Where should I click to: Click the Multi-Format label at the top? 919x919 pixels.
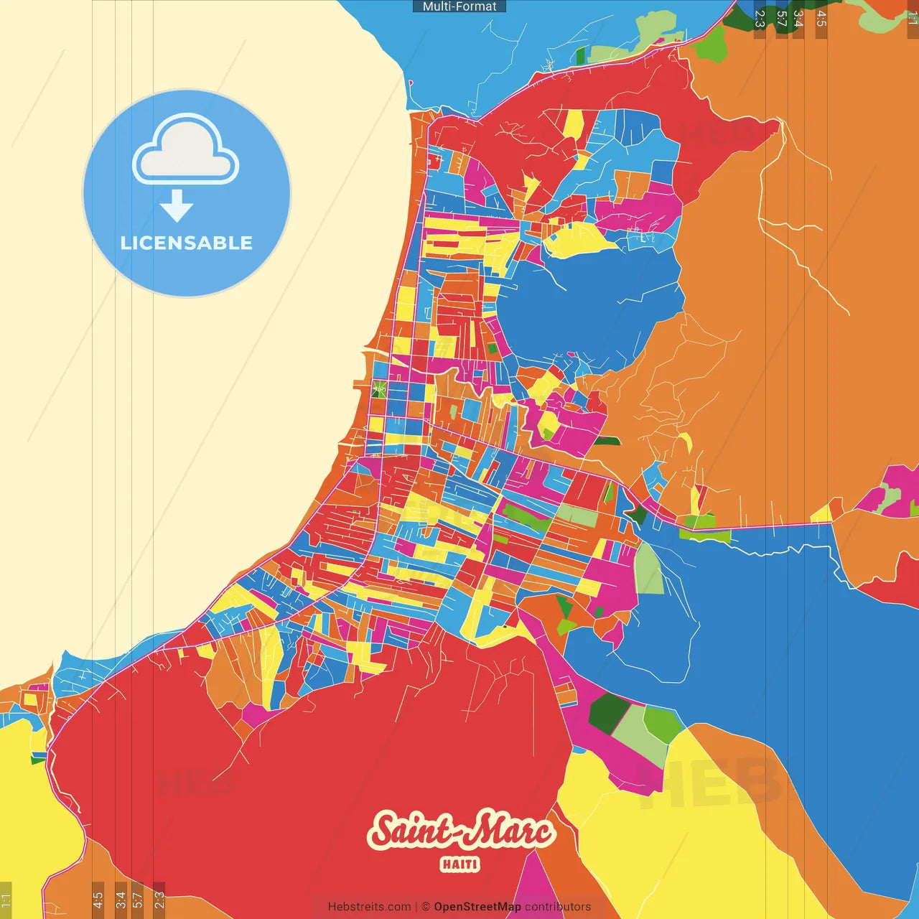[459, 6]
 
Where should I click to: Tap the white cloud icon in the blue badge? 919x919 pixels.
[186, 151]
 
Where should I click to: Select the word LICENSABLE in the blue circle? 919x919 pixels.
[187, 243]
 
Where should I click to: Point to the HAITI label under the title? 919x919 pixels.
[460, 864]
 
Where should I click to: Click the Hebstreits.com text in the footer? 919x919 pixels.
[369, 907]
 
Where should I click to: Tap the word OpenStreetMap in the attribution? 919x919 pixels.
[477, 907]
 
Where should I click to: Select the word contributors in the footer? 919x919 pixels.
[558, 907]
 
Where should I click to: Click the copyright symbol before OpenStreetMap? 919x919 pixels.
[426, 907]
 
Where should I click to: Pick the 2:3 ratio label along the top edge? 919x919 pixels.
[760, 19]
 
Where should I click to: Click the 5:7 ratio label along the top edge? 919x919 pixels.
[781, 19]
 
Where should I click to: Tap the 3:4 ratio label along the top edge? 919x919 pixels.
[798, 19]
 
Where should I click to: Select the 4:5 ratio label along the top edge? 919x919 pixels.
[821, 19]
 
